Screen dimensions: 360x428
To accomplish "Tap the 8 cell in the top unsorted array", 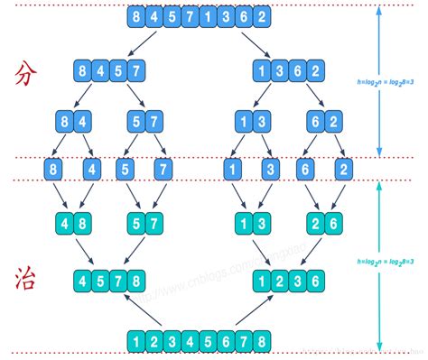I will tap(136, 17).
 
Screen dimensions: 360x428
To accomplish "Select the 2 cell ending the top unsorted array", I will tap(261, 17).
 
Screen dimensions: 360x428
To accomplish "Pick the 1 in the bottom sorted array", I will tap(136, 341).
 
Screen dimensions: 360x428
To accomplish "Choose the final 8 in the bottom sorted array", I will tap(260, 341).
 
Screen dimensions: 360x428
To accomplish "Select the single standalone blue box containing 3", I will tap(268, 168).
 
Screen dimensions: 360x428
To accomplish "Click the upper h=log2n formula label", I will tap(389, 79).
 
